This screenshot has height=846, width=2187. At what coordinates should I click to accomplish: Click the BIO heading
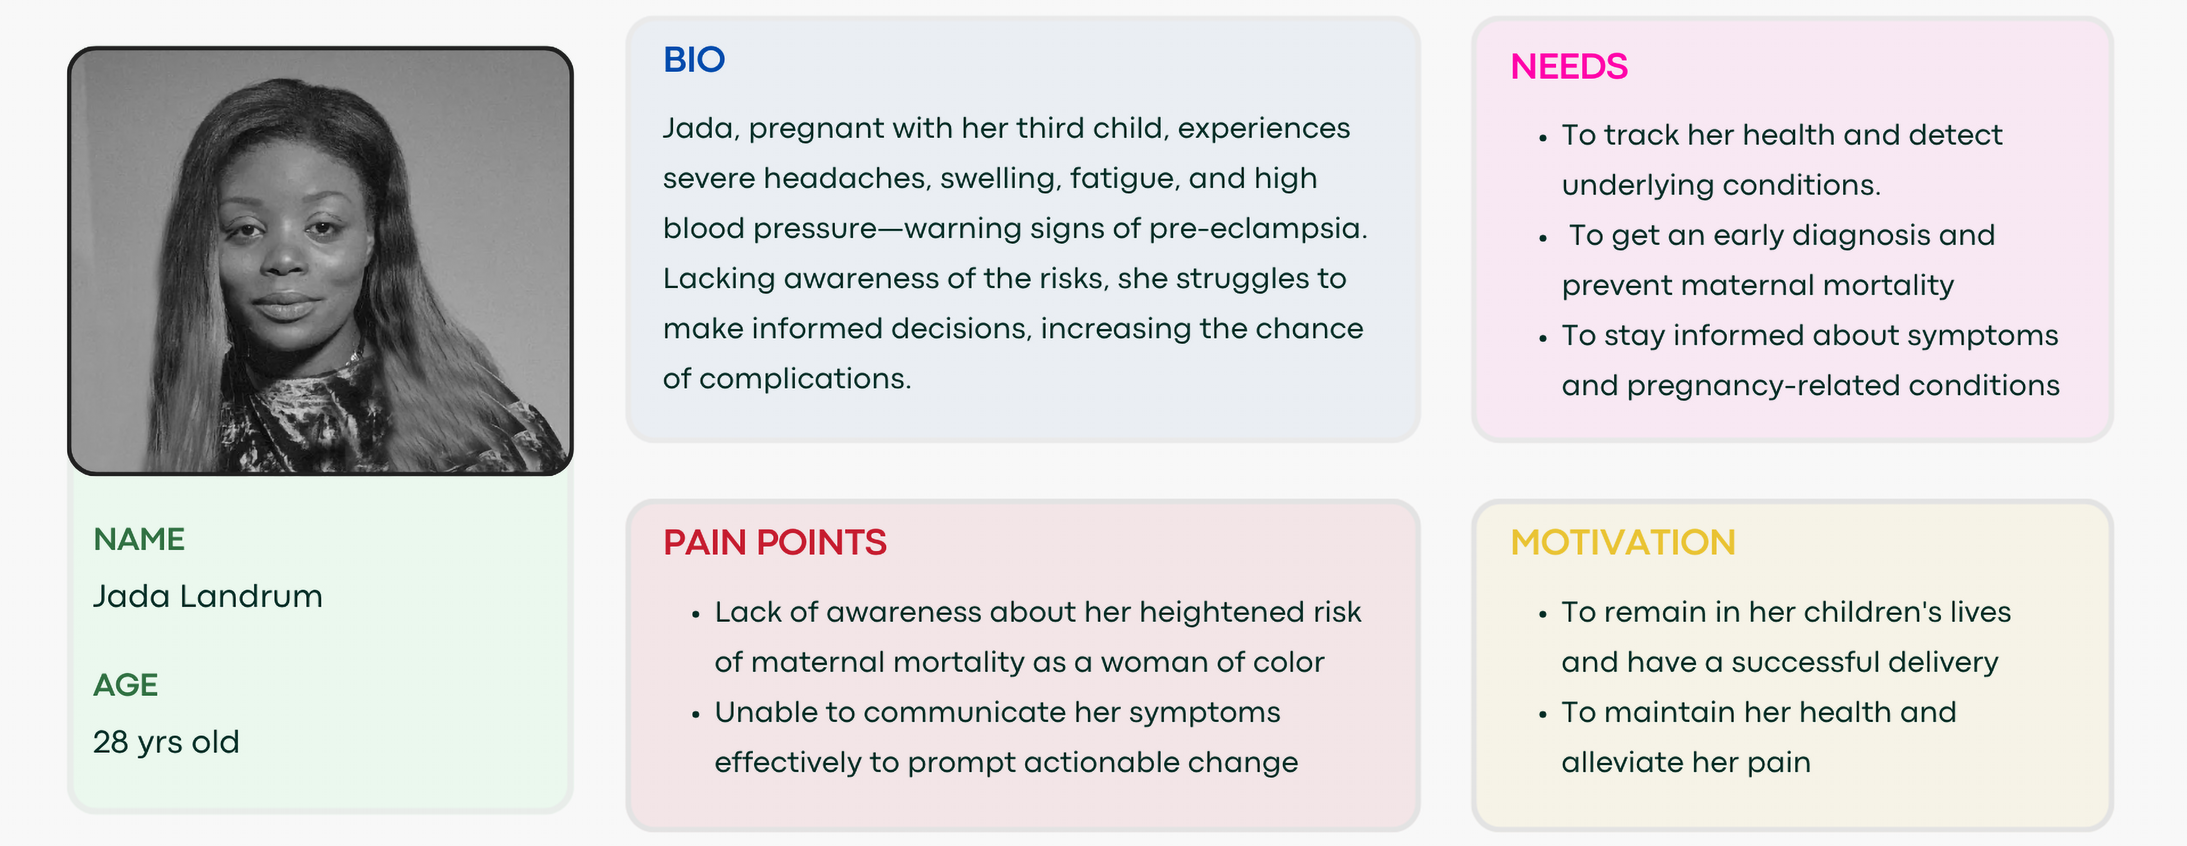[x=694, y=60]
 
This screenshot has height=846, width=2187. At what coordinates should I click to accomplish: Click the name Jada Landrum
[x=208, y=597]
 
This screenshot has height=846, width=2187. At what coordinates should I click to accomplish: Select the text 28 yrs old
[x=166, y=743]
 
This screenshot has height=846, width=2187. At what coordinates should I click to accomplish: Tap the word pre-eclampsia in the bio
[x=1258, y=229]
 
